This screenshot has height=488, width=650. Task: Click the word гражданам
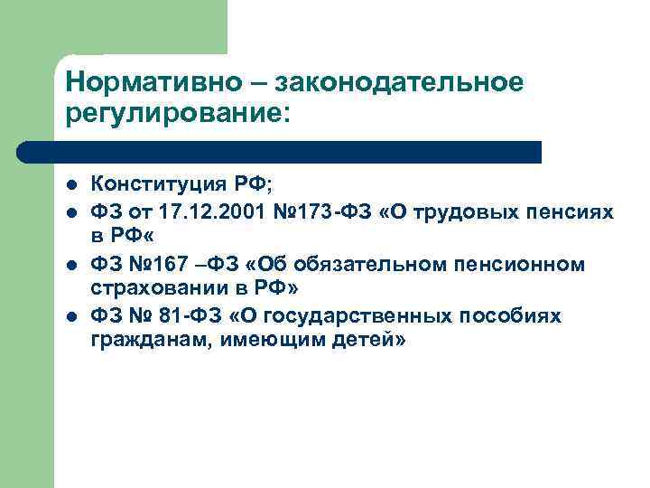click(x=147, y=341)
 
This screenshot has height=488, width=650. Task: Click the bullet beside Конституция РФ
click(x=72, y=186)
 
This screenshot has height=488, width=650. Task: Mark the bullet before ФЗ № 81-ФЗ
click(x=72, y=316)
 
